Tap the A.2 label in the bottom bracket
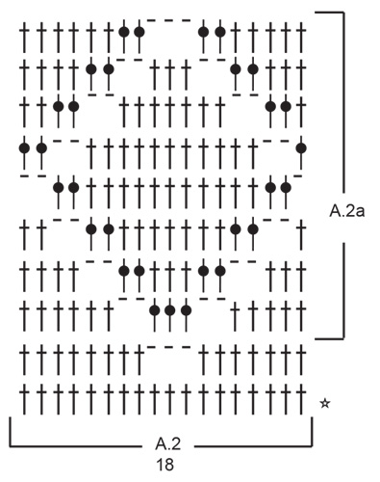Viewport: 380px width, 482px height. coord(168,445)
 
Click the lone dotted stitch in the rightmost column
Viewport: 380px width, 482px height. coord(301,147)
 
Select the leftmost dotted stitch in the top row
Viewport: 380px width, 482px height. coord(124,31)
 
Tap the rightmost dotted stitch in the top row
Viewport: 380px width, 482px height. coord(220,31)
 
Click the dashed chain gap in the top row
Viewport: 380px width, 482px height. coord(171,20)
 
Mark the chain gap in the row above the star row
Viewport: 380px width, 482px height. coord(171,347)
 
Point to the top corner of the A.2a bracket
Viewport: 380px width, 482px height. coord(342,13)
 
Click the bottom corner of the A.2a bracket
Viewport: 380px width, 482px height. coord(342,338)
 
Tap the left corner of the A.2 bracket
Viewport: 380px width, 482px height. coord(11,446)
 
